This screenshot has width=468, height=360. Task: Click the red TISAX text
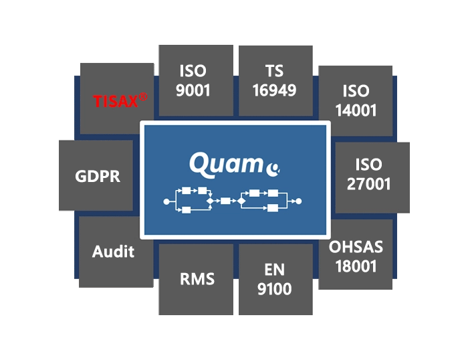[x=116, y=101]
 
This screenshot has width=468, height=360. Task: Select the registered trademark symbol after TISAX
[x=143, y=97]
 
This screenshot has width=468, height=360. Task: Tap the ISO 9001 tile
[x=196, y=80]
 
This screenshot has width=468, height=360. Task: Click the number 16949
[x=274, y=90]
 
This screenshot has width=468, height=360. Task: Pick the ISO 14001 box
[x=356, y=101]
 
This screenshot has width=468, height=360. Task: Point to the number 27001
[x=368, y=184]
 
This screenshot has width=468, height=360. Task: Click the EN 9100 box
[x=275, y=279]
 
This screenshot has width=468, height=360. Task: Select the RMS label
[x=197, y=279]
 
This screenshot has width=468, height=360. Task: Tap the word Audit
[x=113, y=251]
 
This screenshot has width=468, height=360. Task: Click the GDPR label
[x=98, y=176]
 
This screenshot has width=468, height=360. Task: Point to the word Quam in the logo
[x=226, y=165]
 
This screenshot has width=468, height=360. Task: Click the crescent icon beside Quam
[x=273, y=170]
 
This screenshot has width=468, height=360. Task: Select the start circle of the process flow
[x=166, y=201]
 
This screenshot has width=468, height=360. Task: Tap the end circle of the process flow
[x=298, y=201]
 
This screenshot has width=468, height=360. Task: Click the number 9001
[x=193, y=90]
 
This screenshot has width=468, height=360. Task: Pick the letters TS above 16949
[x=274, y=71]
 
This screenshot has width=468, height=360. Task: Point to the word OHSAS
[x=356, y=247]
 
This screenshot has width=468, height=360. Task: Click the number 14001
[x=356, y=110]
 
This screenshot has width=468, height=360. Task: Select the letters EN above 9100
[x=274, y=270]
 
